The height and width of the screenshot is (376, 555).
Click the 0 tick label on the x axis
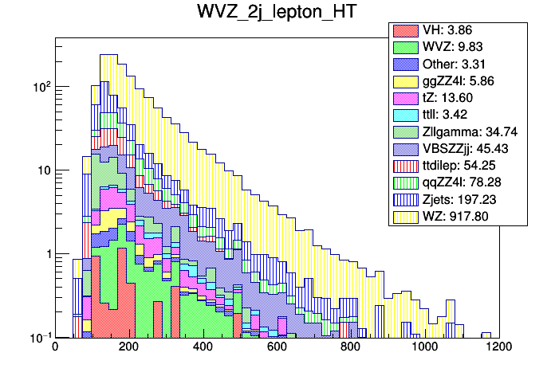[x=55, y=347]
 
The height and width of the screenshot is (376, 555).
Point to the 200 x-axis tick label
[x=129, y=347]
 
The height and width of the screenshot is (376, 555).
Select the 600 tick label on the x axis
[x=277, y=347]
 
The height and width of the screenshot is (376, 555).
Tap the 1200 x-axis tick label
[x=498, y=347]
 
